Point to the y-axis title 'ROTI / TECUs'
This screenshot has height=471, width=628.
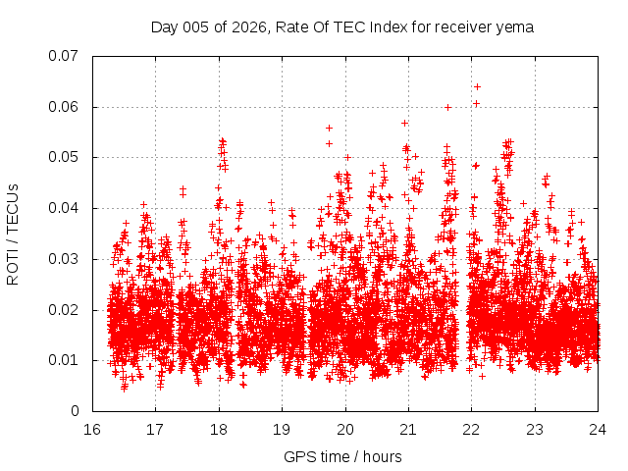point(13,234)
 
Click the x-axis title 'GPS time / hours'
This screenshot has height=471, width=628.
point(342,457)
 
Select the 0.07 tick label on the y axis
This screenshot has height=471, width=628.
point(64,56)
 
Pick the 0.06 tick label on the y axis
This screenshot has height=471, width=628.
point(64,107)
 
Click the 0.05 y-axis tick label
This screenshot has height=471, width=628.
point(64,157)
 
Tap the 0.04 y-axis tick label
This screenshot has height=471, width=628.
point(64,208)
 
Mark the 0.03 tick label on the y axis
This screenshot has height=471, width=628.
point(64,259)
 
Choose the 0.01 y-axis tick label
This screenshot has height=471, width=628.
point(64,360)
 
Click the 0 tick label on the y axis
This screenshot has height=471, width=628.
point(75,411)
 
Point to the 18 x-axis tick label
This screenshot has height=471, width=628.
point(219,429)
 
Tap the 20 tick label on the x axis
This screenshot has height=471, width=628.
point(345,429)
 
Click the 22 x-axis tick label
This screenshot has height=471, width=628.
point(472,429)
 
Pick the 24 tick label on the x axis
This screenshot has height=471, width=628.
point(599,429)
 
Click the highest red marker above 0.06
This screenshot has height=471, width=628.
point(477,86)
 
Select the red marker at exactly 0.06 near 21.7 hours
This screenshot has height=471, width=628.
point(447,107)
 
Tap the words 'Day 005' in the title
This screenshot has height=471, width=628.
point(177,27)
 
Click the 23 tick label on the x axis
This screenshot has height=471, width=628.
point(536,429)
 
